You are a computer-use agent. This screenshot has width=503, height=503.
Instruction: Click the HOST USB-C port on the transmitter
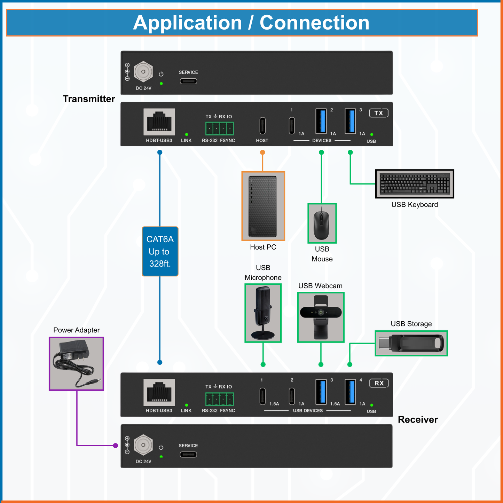262,126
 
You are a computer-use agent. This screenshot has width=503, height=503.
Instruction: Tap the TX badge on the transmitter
378,113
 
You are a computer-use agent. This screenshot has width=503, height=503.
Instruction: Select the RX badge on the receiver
379,383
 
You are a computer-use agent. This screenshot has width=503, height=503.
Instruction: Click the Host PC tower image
263,206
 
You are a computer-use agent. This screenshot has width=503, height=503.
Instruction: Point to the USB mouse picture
322,223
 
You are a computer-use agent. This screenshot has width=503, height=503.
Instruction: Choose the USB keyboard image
415,184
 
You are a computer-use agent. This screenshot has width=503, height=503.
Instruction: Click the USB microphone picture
263,313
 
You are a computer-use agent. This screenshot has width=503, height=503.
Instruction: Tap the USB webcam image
321,317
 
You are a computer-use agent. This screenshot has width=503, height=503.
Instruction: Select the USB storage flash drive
411,343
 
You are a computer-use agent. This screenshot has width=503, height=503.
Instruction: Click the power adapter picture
76,363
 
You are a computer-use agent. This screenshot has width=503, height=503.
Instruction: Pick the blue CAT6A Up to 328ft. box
160,251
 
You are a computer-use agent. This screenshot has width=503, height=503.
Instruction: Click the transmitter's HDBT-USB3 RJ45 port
159,122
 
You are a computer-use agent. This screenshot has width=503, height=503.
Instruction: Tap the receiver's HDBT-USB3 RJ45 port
159,392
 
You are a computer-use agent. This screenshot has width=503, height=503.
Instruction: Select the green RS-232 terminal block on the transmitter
219,128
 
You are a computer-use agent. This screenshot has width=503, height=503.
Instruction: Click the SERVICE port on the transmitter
188,81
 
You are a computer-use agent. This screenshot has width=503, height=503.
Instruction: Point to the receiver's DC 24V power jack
143,445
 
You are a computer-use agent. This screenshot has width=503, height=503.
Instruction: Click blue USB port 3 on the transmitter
350,121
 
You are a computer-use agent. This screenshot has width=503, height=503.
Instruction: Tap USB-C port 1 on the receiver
262,396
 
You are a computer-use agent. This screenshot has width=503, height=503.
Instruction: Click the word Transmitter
89,99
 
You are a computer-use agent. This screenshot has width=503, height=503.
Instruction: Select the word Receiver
418,419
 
